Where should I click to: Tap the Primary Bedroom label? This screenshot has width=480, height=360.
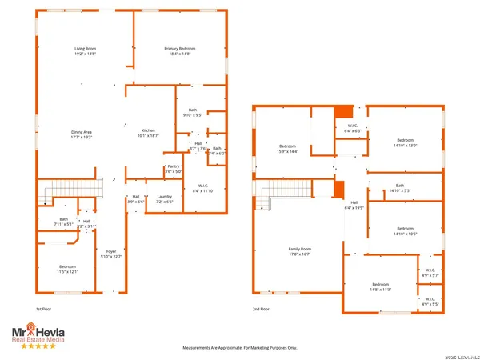click(180, 50)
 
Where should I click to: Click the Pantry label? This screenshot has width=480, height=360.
click(174, 166)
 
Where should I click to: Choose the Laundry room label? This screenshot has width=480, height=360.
click(165, 196)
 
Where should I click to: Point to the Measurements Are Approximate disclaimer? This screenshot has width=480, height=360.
click(239, 348)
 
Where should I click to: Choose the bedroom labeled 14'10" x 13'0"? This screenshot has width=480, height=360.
click(405, 142)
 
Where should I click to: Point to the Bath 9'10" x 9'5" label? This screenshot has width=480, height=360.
click(192, 112)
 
